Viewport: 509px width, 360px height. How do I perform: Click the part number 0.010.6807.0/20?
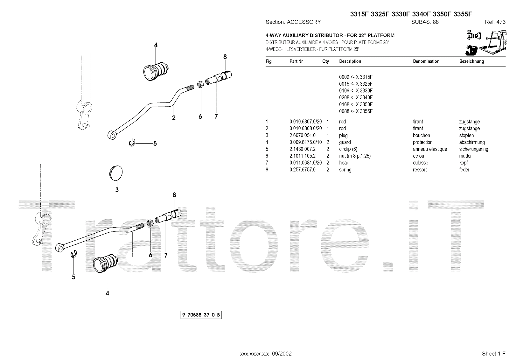tap(305, 122)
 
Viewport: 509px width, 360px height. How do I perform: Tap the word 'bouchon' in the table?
tap(421, 135)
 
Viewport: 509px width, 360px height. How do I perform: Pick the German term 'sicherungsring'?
tap(473, 149)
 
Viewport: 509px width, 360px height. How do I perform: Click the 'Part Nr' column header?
tap(296, 61)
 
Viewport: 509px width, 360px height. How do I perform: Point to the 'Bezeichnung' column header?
tap(471, 61)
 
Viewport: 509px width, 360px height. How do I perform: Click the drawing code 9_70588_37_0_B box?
tap(201, 315)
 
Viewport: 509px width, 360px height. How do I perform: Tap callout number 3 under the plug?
tap(117, 190)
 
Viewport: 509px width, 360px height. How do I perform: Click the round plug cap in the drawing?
tap(115, 173)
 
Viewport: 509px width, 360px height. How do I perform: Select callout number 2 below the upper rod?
tap(174, 118)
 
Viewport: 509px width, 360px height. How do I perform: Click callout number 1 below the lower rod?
tap(132, 255)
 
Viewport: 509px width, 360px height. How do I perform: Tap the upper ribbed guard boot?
tap(156, 70)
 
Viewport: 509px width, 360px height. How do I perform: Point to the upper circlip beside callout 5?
tap(132, 144)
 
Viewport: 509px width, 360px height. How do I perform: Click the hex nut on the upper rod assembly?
tap(200, 85)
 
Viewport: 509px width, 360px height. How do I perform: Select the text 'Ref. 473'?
tap(495, 22)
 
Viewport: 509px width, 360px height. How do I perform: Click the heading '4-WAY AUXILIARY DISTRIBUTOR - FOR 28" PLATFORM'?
tap(330, 35)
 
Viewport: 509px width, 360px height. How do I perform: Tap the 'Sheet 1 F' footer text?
tap(493, 353)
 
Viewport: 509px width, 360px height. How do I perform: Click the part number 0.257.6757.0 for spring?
tap(302, 170)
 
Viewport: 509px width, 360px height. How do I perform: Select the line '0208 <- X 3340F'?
tap(356, 97)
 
